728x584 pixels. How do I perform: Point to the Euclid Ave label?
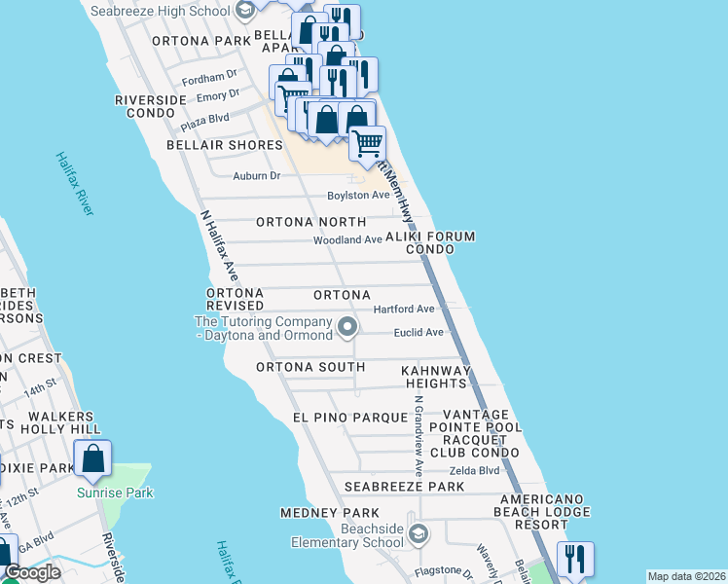pyautogui.click(x=419, y=332)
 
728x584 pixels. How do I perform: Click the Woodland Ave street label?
pyautogui.click(x=347, y=240)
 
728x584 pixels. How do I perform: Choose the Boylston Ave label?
pyautogui.click(x=358, y=195)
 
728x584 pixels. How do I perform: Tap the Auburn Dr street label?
pyautogui.click(x=256, y=176)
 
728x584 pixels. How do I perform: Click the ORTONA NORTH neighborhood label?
pyautogui.click(x=310, y=222)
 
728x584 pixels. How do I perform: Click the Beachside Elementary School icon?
pyautogui.click(x=419, y=533)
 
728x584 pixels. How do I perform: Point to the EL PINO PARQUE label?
pyautogui.click(x=349, y=418)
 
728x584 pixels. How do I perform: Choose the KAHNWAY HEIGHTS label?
pyautogui.click(x=437, y=377)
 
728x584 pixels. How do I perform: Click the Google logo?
pyautogui.click(x=32, y=573)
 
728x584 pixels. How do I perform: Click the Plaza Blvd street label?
pyautogui.click(x=204, y=119)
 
